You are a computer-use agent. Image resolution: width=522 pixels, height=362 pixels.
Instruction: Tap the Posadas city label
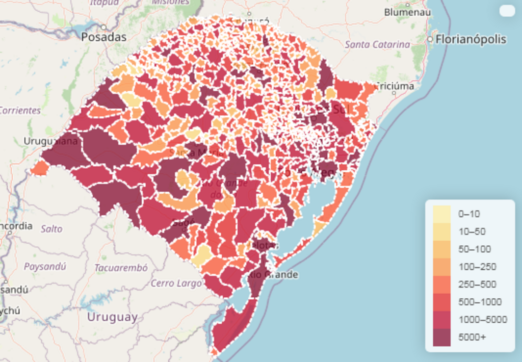tap(104, 37)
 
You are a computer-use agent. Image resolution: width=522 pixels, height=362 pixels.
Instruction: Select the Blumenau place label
tap(407, 12)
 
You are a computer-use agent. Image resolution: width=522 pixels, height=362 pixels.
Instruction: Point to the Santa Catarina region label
tap(377, 45)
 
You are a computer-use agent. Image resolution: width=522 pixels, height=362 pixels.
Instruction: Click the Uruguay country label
tap(112, 317)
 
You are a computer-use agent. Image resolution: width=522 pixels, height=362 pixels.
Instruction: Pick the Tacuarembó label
tap(121, 268)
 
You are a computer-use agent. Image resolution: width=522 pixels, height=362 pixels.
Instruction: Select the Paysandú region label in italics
tap(45, 266)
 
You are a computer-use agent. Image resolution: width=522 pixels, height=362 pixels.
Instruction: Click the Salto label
tap(51, 229)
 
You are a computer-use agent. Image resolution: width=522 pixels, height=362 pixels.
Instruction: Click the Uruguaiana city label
tap(51, 141)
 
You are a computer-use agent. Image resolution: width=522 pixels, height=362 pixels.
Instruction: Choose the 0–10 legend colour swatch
tap(442, 214)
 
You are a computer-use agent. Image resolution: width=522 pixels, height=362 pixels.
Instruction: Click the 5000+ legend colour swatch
tap(442, 337)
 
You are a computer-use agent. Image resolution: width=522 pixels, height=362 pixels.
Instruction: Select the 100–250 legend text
tap(477, 267)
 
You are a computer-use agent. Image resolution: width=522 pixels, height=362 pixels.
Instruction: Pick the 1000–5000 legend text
tap(482, 319)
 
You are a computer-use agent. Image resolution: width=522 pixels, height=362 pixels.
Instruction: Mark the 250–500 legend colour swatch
tap(442, 284)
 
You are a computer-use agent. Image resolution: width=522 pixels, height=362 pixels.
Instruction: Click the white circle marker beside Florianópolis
tap(431, 39)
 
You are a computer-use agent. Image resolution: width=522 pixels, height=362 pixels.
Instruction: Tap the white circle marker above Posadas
tap(103, 27)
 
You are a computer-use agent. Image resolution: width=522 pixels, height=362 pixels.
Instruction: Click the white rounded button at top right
tap(507, 11)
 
